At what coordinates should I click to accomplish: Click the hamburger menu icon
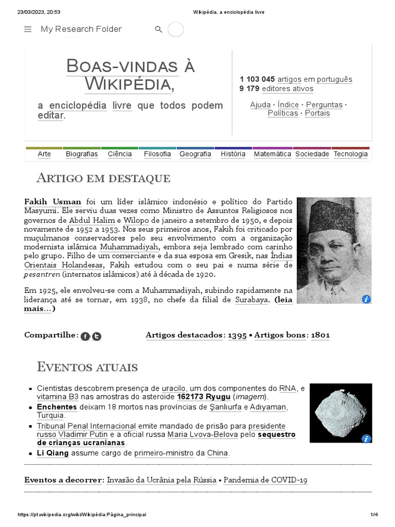tap(28, 29)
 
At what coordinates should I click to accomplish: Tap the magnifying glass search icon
tap(158, 29)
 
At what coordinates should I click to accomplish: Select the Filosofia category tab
tap(157, 154)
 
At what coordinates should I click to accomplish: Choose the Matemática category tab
tap(272, 154)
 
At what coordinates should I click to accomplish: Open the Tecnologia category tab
tap(350, 154)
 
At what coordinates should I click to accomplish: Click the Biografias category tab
tap(82, 154)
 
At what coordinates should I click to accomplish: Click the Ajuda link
tap(260, 104)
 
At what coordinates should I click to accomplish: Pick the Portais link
tap(317, 113)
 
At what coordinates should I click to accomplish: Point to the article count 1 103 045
tap(257, 79)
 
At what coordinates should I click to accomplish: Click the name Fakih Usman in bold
tap(52, 202)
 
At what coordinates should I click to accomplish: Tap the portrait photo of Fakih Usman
tap(334, 250)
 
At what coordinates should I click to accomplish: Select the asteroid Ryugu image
tap(340, 413)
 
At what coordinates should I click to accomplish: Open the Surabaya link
tap(252, 300)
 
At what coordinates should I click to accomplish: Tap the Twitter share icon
tap(97, 337)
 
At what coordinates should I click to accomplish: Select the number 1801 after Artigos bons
tap(320, 335)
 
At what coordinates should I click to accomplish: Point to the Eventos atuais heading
tap(87, 367)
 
